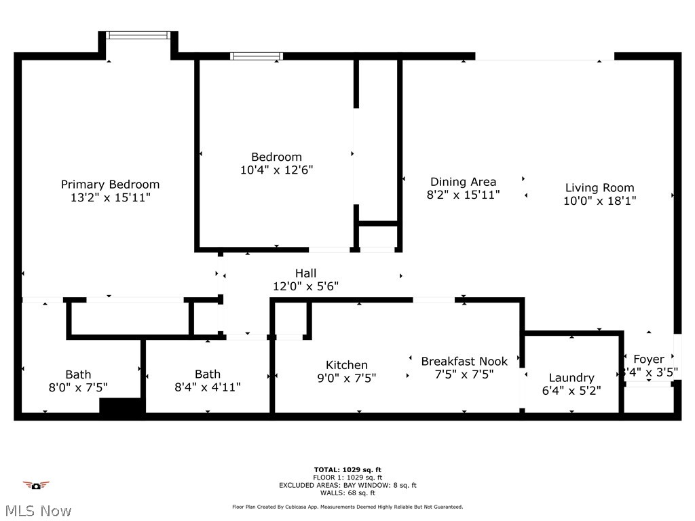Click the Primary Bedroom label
coord(110,185)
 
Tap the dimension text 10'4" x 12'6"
coord(276,170)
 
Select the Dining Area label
coord(463,182)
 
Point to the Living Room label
coord(599,188)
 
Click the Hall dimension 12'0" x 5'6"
coord(305,287)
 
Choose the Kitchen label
coord(346,365)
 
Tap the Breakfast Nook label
coord(464,362)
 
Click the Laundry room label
coord(571,378)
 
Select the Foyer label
coord(648,360)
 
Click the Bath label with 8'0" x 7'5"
coord(78,374)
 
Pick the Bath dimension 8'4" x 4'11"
coord(207,387)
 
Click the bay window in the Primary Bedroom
coord(138,35)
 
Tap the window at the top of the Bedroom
coord(256,56)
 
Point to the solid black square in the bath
coord(121,406)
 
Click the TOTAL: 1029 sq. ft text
coord(347,469)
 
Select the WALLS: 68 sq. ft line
coord(347,493)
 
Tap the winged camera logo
coord(36,485)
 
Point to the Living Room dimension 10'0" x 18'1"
coord(599,201)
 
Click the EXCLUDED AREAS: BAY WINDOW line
coord(347,485)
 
